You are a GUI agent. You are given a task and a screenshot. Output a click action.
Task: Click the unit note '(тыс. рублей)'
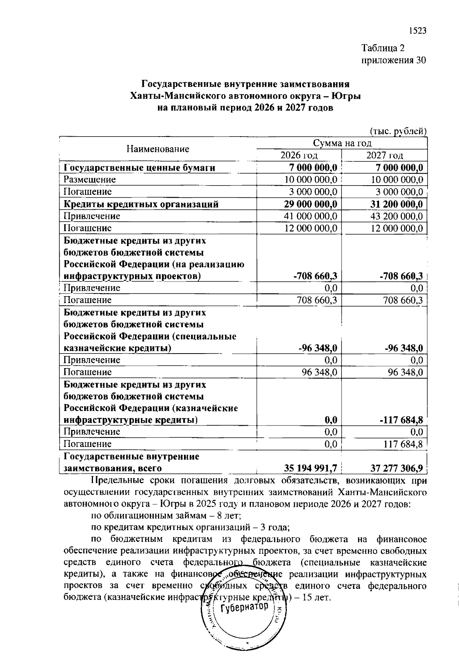(398, 131)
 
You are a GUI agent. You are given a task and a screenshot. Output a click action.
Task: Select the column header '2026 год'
(299, 155)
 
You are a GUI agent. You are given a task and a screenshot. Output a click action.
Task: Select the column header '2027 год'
(384, 155)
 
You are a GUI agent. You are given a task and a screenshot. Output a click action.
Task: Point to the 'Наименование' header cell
(158, 149)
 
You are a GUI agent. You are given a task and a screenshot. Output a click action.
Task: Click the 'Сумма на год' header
(342, 143)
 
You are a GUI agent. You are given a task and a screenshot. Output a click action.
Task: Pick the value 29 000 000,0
(311, 204)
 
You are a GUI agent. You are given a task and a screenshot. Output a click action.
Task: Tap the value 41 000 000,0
(311, 216)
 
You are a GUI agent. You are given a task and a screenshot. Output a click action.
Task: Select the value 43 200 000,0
(397, 216)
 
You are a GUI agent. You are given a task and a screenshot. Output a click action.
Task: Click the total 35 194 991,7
(311, 468)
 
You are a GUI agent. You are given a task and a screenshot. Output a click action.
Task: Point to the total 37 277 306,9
(397, 468)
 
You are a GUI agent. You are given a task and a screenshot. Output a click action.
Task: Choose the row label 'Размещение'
(90, 179)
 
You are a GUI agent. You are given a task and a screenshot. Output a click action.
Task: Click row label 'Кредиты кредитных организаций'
(141, 204)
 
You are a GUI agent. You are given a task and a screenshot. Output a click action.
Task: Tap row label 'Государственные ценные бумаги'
(139, 168)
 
